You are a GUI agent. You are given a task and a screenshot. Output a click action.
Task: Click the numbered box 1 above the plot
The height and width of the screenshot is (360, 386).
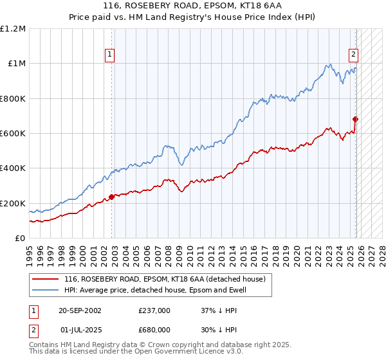coord(111,55)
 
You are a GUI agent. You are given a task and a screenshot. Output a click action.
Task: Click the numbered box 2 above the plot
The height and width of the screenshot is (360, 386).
coord(354,55)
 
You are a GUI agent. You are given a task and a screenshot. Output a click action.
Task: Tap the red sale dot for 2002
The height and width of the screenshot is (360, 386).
coord(111,197)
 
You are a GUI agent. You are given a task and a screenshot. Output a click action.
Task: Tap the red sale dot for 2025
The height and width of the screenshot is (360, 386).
coord(355,119)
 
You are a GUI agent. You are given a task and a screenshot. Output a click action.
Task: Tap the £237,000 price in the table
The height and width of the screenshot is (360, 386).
coord(154,310)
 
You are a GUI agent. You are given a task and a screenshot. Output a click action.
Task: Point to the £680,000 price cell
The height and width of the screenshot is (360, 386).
coord(154,330)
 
